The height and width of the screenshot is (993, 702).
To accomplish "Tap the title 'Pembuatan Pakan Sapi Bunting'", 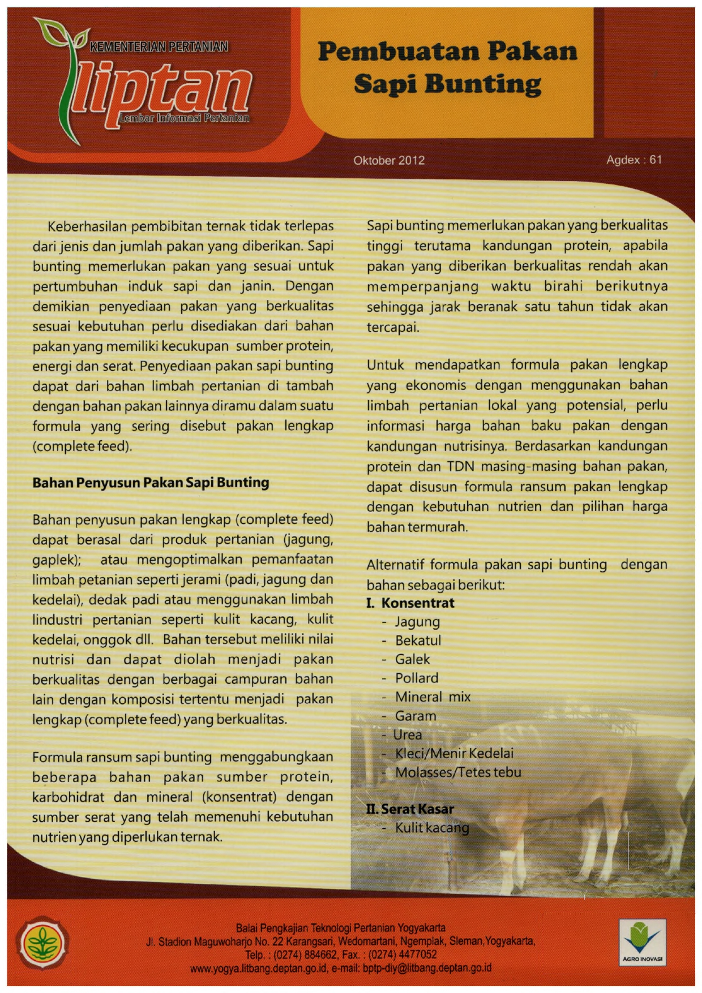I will click(x=447, y=68).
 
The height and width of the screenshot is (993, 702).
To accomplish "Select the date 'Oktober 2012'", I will click(x=389, y=160).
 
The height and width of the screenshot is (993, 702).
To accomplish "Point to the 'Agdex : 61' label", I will click(x=633, y=160).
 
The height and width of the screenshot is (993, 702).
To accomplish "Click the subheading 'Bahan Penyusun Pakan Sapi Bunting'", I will click(x=151, y=483).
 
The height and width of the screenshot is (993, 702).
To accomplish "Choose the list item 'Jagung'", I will click(x=417, y=622).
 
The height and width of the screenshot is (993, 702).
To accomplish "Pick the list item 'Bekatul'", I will click(x=418, y=640).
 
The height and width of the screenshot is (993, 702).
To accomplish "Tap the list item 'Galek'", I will click(x=412, y=659).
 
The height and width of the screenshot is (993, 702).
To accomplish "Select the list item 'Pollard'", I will click(x=417, y=678).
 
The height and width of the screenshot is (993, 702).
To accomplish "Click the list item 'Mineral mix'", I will click(x=433, y=697).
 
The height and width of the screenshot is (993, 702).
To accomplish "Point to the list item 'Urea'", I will click(x=408, y=734).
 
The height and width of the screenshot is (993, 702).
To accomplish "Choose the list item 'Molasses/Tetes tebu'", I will click(x=458, y=772).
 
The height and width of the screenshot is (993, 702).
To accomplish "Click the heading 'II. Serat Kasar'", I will click(x=410, y=809).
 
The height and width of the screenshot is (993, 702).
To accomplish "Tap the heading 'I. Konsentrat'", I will click(x=410, y=603).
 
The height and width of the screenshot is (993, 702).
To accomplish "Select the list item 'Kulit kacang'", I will click(x=432, y=828).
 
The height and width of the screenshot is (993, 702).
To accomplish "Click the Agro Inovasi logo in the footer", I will click(x=642, y=942).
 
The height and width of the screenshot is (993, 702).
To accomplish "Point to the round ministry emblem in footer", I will click(x=42, y=943).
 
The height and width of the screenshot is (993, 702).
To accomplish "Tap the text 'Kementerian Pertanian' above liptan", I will click(x=159, y=46).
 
